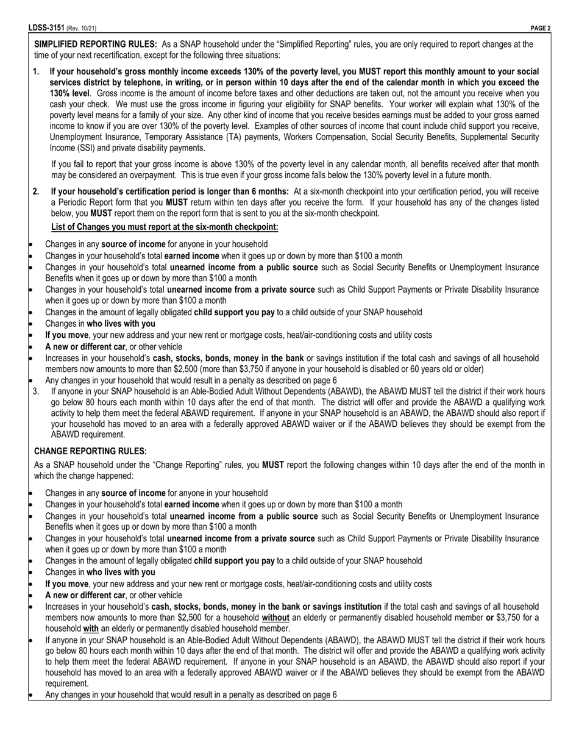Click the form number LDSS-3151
pos(46,28)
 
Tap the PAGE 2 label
pos(541,28)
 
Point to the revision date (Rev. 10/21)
pos(81,28)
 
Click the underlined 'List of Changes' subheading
pos(165,227)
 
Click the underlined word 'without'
pos(275,618)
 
